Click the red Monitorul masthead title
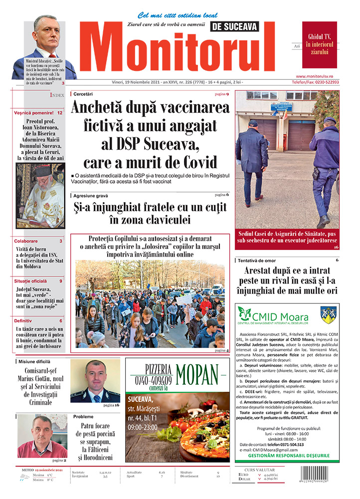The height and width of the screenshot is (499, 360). pyautogui.click(x=182, y=50)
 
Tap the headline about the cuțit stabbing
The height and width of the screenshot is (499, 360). pyautogui.click(x=150, y=213)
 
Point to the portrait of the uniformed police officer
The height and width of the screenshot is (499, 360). pyautogui.click(x=95, y=381)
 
